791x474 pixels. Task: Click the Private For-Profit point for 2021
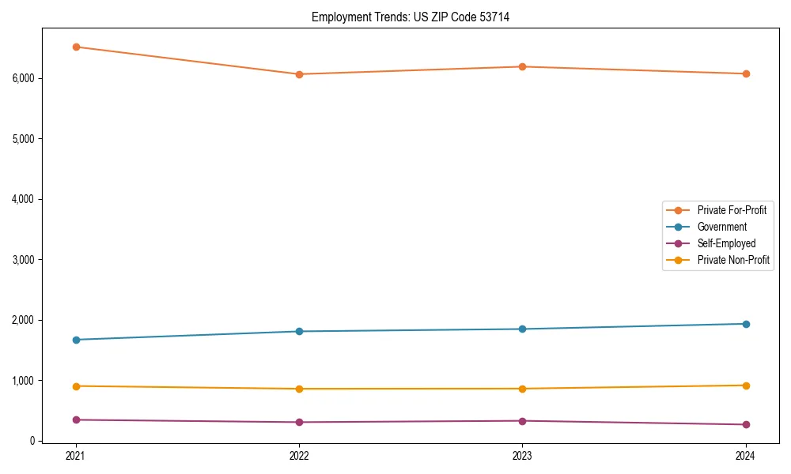click(x=76, y=47)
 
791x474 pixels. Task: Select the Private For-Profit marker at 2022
click(x=299, y=74)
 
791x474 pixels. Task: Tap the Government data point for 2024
click(x=745, y=324)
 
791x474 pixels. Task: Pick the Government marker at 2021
click(x=76, y=340)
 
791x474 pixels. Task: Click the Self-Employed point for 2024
click(x=745, y=424)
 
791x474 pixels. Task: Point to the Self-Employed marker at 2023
click(x=522, y=420)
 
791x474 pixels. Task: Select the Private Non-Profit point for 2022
click(x=299, y=389)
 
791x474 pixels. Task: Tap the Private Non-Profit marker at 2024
click(x=745, y=386)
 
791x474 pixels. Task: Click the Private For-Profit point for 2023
click(x=522, y=66)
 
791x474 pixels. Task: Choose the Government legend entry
click(x=721, y=227)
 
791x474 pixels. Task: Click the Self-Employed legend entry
click(x=726, y=243)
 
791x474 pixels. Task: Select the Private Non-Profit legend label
click(x=733, y=260)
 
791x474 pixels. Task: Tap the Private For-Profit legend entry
click(x=732, y=210)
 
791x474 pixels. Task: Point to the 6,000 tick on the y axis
click(x=23, y=78)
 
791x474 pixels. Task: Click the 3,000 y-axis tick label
click(x=23, y=259)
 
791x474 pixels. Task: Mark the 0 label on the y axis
click(x=32, y=441)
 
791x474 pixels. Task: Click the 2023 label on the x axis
click(x=522, y=455)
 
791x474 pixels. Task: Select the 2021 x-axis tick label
click(x=76, y=455)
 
